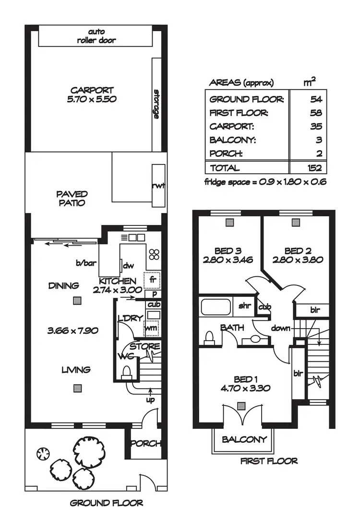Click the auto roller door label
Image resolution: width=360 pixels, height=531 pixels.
pos(96,36)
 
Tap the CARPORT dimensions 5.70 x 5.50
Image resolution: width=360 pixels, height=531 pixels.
pos(92,99)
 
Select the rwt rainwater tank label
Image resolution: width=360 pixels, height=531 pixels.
pos(158,186)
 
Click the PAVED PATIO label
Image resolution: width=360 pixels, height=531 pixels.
pos(72,198)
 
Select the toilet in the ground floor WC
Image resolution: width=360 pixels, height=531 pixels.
pos(127,372)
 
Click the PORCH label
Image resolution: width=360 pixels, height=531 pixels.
pos(145,444)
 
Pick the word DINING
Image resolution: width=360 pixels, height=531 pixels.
pos(63,286)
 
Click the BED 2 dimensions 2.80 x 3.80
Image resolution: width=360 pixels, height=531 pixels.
pos(297,260)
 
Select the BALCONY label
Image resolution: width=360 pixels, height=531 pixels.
pos(244,439)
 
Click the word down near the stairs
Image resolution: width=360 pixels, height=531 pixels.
pos(281,329)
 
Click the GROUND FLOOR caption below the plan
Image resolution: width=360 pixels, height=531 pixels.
pos(106,503)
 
